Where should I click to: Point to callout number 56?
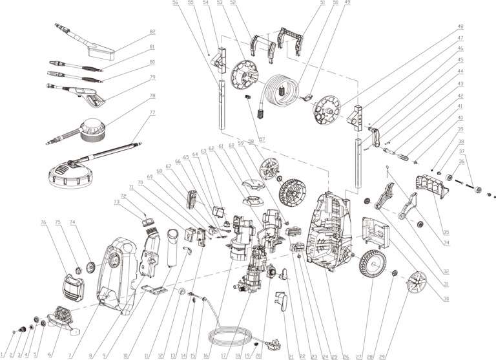(x=176, y=3)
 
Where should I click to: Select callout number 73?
(x=117, y=202)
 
